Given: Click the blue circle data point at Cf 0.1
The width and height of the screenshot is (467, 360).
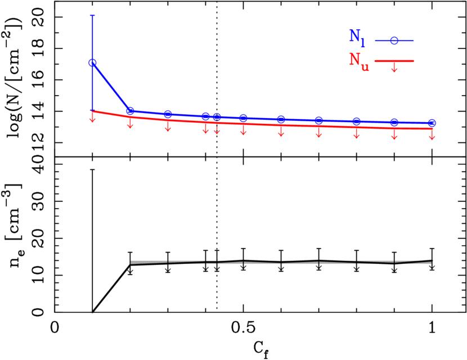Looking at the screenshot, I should tap(92, 62).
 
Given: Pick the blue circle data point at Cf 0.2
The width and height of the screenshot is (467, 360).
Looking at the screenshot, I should tap(130, 111).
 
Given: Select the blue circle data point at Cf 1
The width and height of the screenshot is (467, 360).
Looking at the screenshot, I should tap(432, 123).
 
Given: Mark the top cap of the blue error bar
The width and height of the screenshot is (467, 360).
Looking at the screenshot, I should tap(92, 15).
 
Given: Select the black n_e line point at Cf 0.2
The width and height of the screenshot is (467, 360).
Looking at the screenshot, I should tap(130, 264).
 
